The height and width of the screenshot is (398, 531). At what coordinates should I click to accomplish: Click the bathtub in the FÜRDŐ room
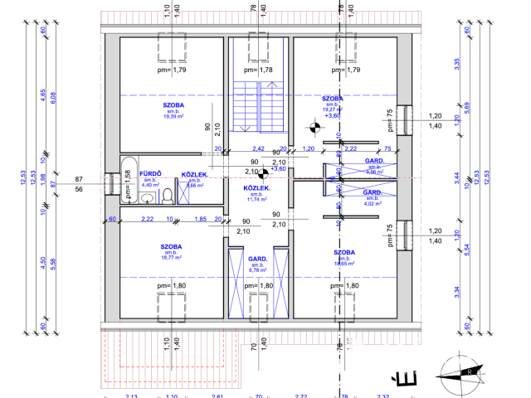pyautogui.click(x=128, y=178)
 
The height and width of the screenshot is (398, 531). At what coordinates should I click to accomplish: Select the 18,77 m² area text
pyautogui.click(x=172, y=258)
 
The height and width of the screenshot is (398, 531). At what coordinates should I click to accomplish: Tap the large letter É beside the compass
pyautogui.click(x=408, y=379)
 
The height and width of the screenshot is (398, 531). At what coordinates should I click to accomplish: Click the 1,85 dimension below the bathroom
pyautogui.click(x=200, y=219)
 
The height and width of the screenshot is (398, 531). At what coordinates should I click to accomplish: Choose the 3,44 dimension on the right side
pyautogui.click(x=456, y=177)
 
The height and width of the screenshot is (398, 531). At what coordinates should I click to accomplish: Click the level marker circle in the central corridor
pyautogui.click(x=262, y=174)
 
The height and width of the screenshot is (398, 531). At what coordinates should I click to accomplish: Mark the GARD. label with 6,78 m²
pyautogui.click(x=257, y=259)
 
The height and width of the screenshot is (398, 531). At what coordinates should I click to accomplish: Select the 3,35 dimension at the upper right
pyautogui.click(x=456, y=62)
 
